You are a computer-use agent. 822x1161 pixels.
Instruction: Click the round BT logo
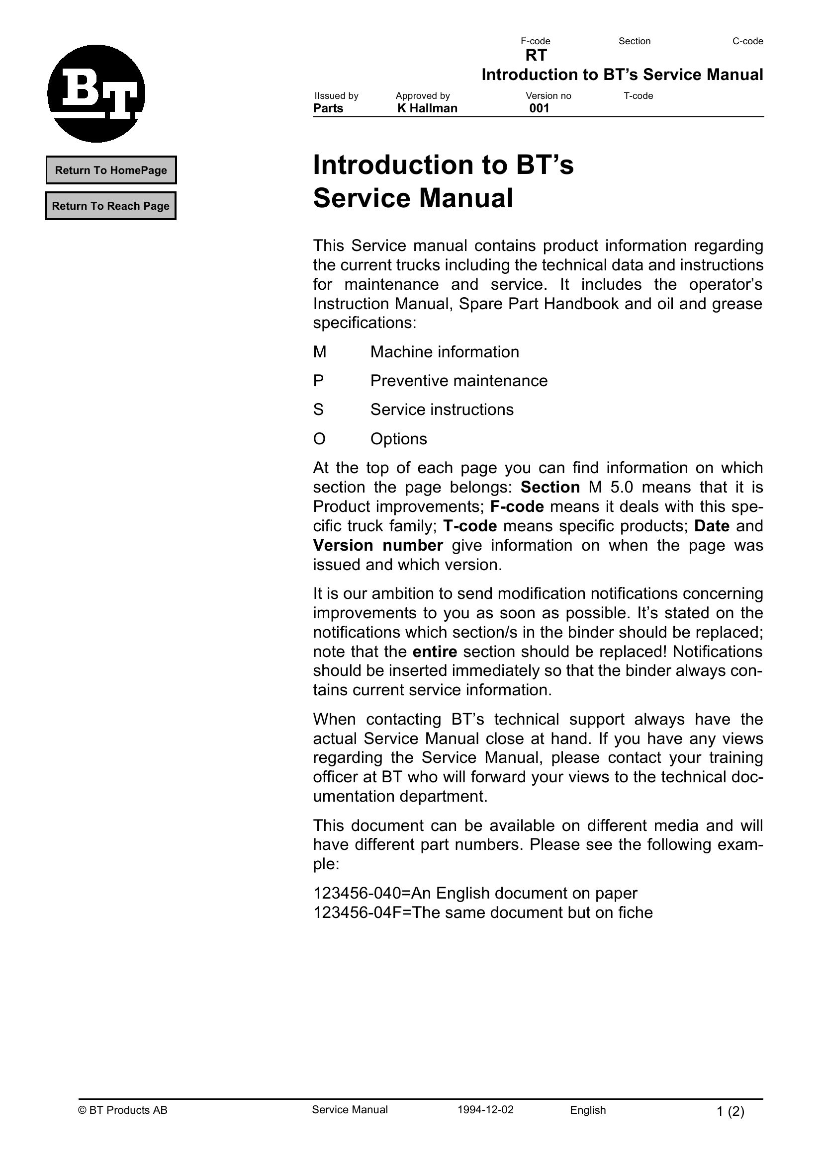(x=96, y=93)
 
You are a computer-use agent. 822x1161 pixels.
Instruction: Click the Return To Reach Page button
(x=111, y=206)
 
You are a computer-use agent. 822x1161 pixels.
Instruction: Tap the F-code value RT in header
(x=536, y=55)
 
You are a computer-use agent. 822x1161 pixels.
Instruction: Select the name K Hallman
(x=427, y=108)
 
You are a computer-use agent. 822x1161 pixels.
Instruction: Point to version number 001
(x=539, y=108)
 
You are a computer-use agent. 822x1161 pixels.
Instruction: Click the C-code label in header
(x=747, y=41)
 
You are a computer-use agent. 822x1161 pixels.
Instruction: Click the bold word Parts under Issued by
(x=328, y=108)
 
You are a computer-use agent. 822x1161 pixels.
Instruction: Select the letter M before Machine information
(x=319, y=352)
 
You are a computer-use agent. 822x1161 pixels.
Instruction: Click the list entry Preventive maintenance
(x=458, y=381)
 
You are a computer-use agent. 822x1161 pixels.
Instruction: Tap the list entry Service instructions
(x=442, y=410)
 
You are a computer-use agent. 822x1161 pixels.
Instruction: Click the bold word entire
(x=435, y=652)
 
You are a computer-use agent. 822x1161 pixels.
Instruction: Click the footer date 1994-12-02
(x=485, y=1110)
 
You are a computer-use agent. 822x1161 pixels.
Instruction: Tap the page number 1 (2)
(x=731, y=1111)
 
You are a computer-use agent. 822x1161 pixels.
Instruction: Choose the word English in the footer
(x=588, y=1110)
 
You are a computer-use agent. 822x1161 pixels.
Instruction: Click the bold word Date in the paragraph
(x=712, y=526)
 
